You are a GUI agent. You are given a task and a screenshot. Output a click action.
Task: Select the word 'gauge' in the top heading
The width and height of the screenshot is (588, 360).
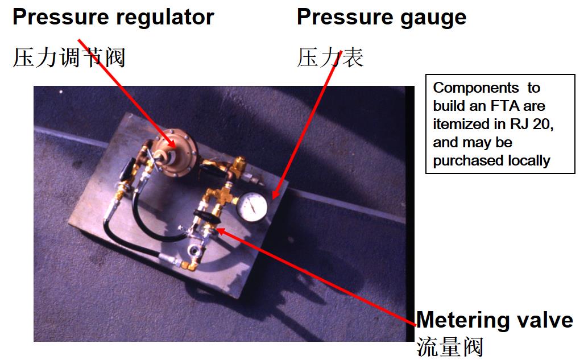point(435,17)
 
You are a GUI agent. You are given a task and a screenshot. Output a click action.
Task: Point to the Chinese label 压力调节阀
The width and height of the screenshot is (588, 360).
point(68,57)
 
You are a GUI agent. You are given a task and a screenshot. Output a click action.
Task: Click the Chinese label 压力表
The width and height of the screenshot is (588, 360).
point(330,57)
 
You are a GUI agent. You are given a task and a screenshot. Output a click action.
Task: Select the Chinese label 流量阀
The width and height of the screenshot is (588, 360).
point(450,346)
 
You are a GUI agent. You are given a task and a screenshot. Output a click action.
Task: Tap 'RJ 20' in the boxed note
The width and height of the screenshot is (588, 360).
point(531,124)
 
